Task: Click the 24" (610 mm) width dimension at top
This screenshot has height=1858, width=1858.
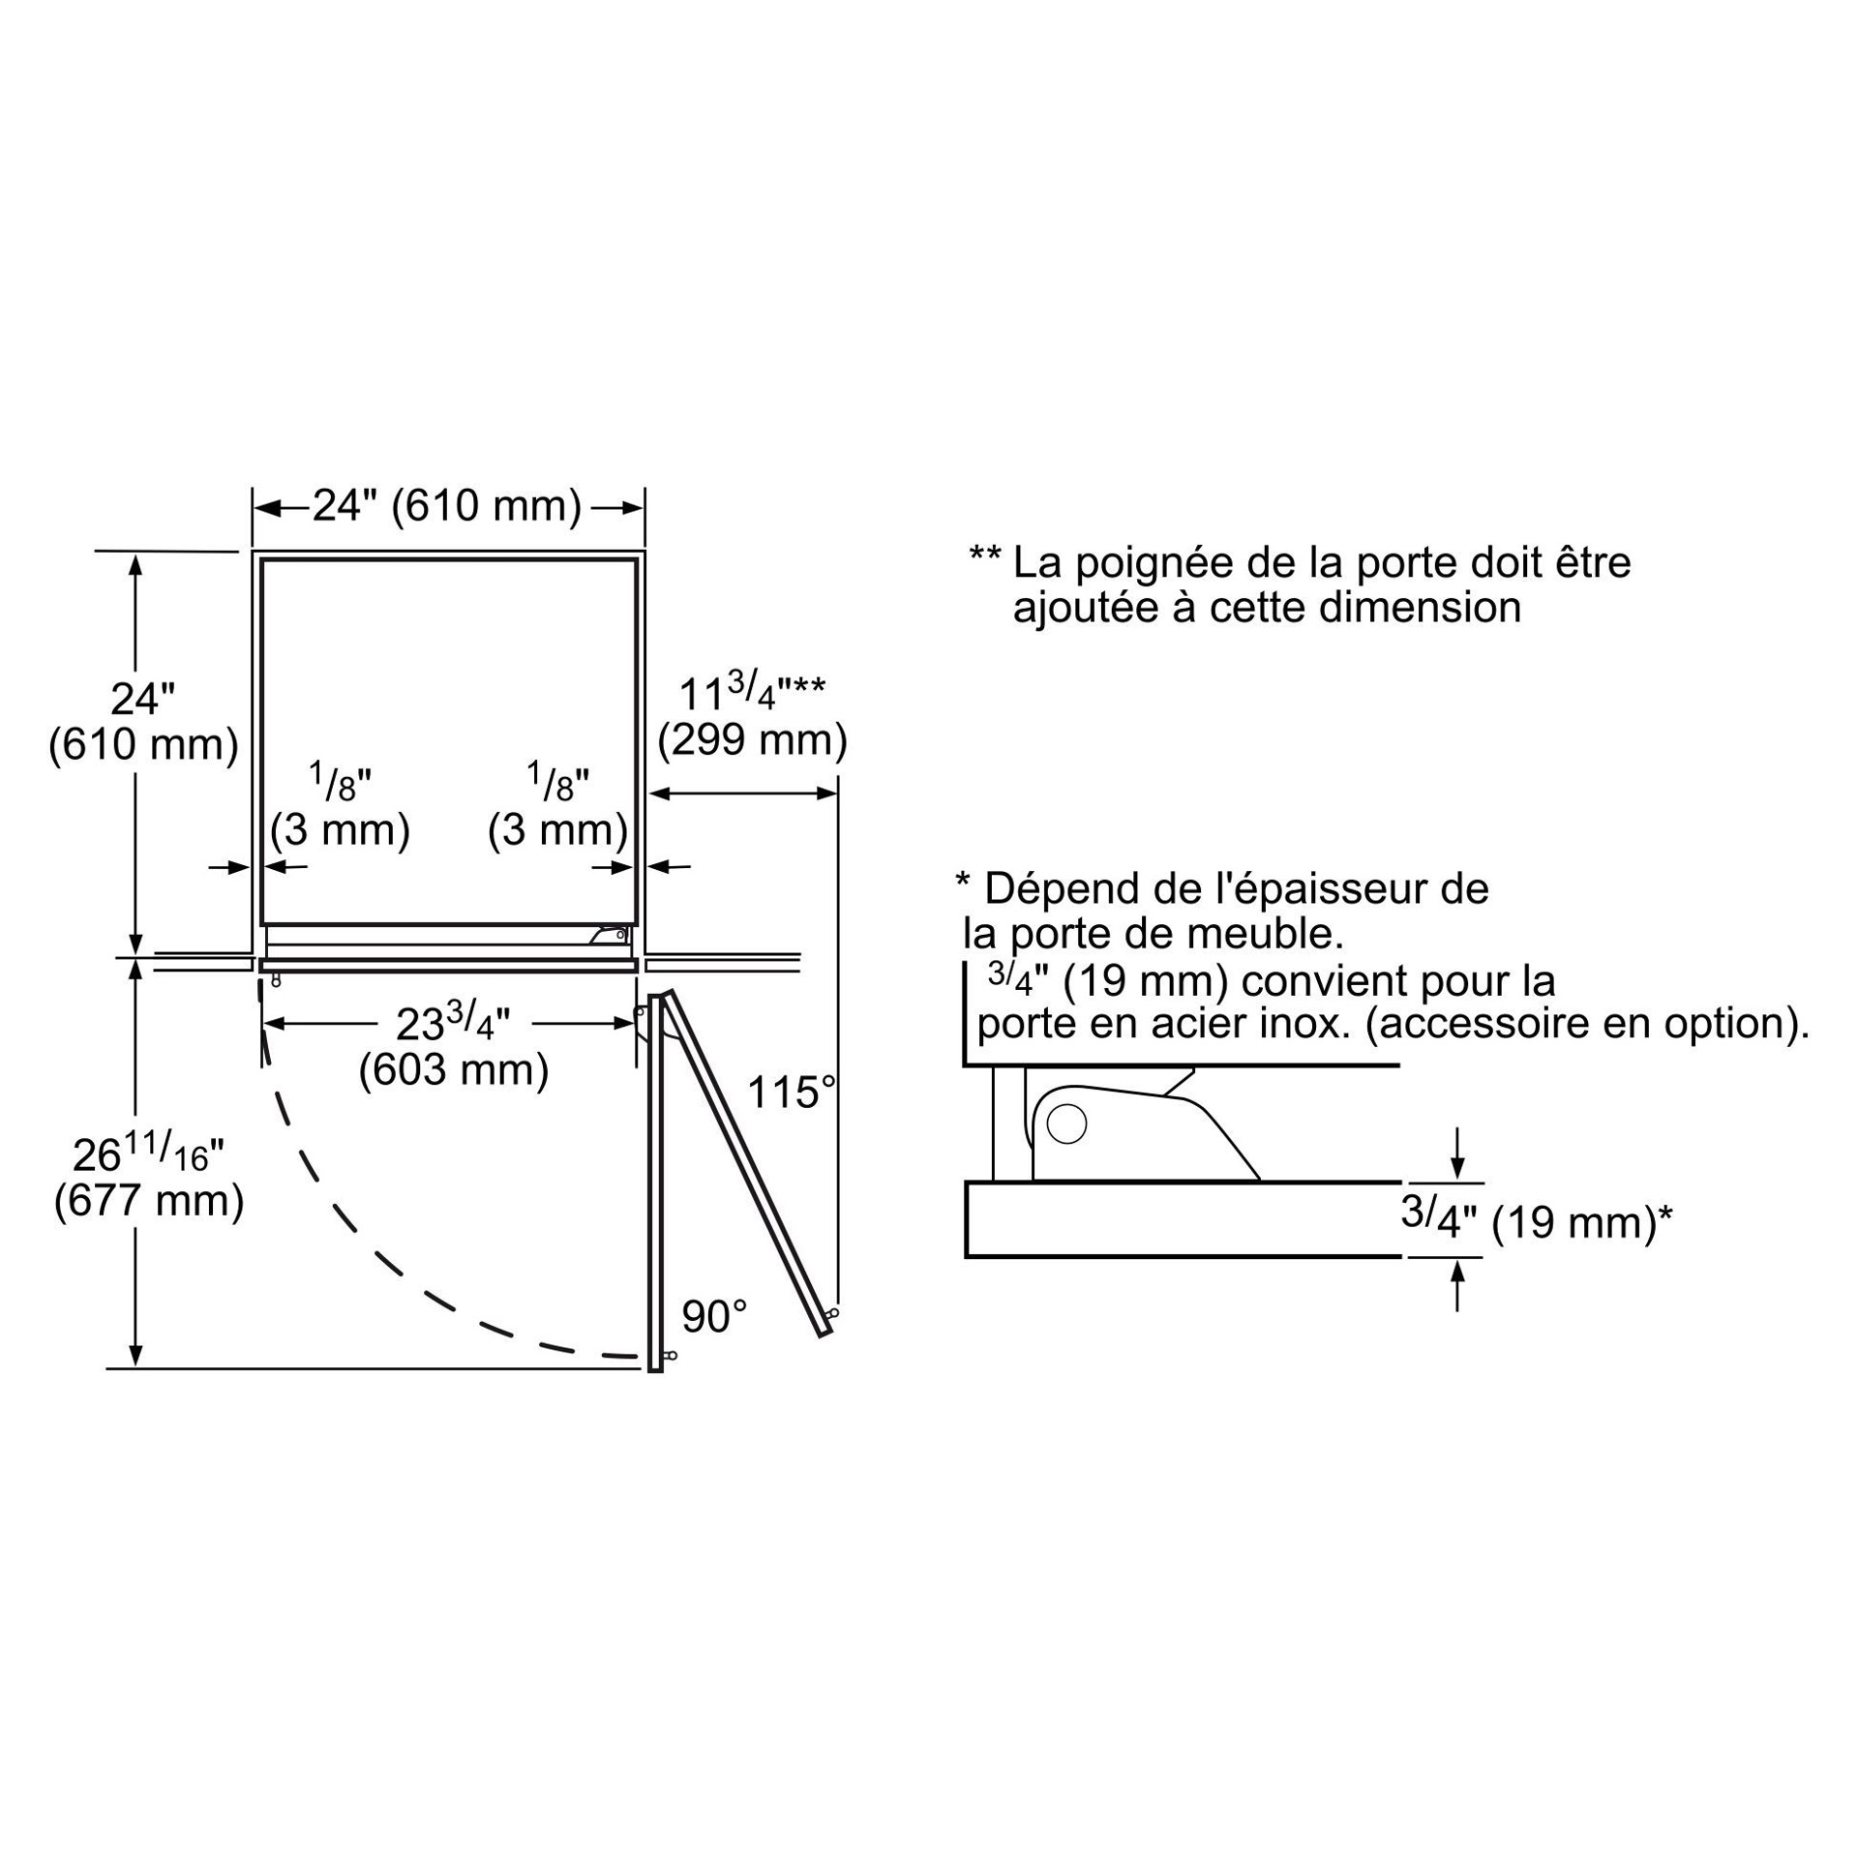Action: [447, 506]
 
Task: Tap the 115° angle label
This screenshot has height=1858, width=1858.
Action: [791, 1094]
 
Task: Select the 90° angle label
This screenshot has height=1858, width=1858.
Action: [714, 1317]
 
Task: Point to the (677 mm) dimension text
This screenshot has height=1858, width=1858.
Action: [149, 1201]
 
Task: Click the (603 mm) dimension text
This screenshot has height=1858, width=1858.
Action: [454, 1070]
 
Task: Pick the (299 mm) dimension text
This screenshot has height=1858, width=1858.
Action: [752, 740]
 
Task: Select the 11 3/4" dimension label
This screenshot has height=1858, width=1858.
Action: [752, 692]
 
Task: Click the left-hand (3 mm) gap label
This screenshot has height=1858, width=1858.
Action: [340, 830]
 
